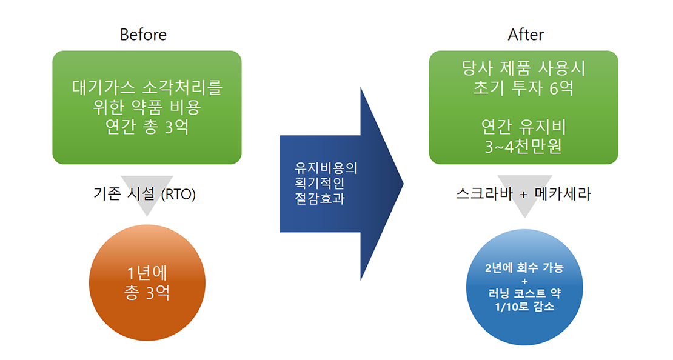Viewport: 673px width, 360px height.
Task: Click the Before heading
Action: pyautogui.click(x=143, y=35)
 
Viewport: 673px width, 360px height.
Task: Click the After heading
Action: pyautogui.click(x=526, y=35)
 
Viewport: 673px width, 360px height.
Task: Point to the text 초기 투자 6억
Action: pyautogui.click(x=523, y=88)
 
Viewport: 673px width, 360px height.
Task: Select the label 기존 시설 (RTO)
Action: pyautogui.click(x=146, y=195)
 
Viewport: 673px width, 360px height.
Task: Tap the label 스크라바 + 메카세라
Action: pyautogui.click(x=523, y=195)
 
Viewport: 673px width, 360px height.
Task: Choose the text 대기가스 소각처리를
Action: pyautogui.click(x=146, y=88)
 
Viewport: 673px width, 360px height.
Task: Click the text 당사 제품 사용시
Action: pyautogui.click(x=523, y=68)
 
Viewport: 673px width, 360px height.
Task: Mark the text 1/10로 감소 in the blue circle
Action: pyautogui.click(x=524, y=307)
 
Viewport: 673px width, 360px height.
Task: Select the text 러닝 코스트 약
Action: pyautogui.click(x=524, y=294)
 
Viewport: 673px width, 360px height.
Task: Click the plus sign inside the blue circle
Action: pyautogui.click(x=524, y=281)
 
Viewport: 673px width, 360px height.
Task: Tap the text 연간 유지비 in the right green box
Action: pyautogui.click(x=523, y=127)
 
